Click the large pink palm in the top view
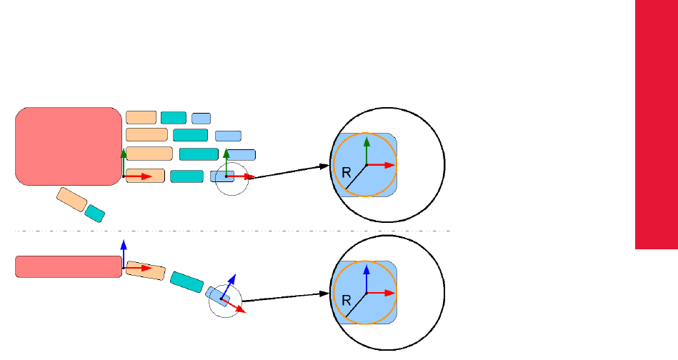pos(68,146)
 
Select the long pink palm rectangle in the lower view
pos(68,266)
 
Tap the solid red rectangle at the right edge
pos(656,125)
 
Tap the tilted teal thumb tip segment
pos(95,212)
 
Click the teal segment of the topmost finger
pos(173,118)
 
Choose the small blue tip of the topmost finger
pos(201,119)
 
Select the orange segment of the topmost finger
pos(141,118)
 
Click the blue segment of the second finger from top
pos(228,136)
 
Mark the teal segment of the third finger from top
pos(199,154)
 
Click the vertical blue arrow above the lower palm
pos(124,252)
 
